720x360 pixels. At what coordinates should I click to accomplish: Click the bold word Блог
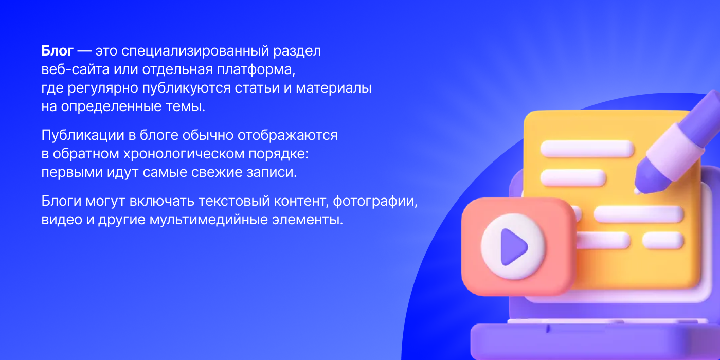coord(58,51)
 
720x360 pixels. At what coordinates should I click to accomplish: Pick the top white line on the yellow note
coord(587,149)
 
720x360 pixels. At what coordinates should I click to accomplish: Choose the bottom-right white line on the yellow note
coord(663,240)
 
